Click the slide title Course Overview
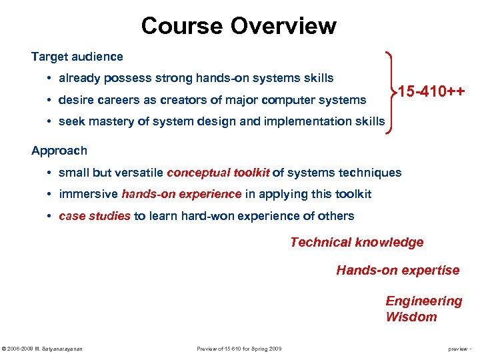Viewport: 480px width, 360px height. pos(239,26)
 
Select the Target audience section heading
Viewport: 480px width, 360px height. pos(77,57)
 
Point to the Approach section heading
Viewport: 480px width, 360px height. pos(59,151)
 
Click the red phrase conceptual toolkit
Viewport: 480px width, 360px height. pos(218,173)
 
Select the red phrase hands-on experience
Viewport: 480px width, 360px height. pos(181,194)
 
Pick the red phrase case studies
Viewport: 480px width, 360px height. pos(95,215)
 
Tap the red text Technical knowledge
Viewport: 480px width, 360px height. pos(357,243)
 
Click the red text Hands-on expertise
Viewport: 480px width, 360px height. pos(397,270)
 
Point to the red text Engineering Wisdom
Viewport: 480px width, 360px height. pos(423,309)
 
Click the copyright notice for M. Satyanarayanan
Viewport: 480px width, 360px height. pos(43,349)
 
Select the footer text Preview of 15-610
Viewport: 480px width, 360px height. pos(239,349)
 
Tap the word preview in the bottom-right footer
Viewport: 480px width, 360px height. pos(457,349)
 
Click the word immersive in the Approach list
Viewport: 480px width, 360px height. pos(88,194)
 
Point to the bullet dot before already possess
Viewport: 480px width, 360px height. pos(50,79)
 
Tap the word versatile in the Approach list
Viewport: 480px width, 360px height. pos(139,173)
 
